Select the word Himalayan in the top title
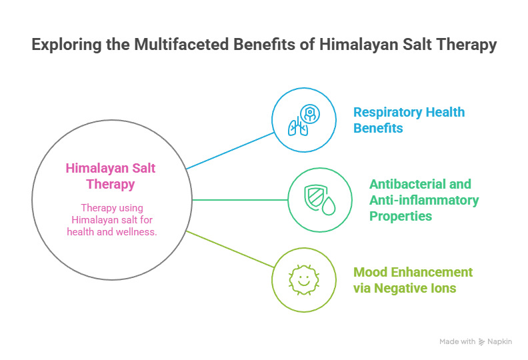(355, 45)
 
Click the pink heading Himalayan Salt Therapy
(111, 176)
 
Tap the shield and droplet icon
(319, 199)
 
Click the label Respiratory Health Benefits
(409, 120)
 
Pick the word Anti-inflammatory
(424, 200)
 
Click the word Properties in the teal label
(401, 216)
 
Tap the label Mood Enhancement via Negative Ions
(413, 280)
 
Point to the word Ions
(443, 288)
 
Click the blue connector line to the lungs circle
(231, 150)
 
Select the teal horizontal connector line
(240, 199)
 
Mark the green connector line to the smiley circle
(231, 248)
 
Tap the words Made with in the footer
(457, 341)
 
